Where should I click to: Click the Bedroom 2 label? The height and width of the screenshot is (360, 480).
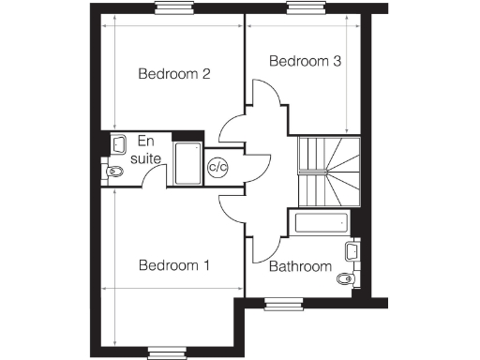[173, 74]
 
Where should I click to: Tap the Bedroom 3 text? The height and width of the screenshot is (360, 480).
[305, 62]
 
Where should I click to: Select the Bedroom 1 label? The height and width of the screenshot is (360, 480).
[173, 265]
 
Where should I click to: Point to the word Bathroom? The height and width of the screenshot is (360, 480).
[300, 267]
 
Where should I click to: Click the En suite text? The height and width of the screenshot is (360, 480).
[145, 149]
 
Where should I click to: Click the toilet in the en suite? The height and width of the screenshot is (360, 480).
[113, 172]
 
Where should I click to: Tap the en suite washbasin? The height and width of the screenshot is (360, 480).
[117, 143]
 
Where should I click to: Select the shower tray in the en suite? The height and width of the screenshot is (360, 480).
[187, 163]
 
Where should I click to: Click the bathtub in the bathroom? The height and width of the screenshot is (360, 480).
[321, 223]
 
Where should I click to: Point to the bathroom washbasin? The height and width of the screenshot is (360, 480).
[352, 250]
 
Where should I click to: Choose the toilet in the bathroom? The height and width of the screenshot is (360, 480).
[346, 278]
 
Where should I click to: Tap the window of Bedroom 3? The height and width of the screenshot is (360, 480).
[304, 10]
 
